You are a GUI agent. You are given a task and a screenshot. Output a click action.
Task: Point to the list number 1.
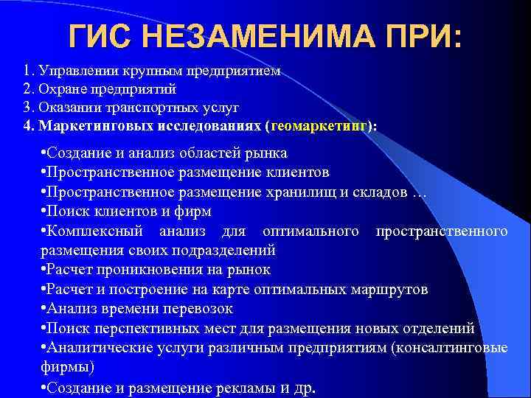point(27,72)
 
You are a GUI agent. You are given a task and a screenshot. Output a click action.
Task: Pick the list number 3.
point(27,108)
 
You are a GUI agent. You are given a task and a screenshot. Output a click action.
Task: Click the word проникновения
point(152,270)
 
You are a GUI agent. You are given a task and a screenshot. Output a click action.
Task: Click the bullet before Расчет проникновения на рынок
point(46,270)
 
